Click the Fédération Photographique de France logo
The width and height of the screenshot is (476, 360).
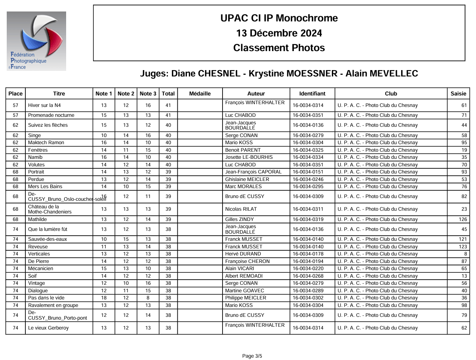click(36, 41)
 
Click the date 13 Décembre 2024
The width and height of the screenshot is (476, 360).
click(279, 33)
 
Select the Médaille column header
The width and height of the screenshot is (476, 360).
click(200, 94)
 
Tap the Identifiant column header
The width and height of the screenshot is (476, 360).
click(312, 94)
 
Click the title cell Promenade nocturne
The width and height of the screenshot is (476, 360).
click(51, 115)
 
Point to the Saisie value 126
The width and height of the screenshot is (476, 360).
click(463, 219)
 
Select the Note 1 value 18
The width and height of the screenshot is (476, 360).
click(104, 298)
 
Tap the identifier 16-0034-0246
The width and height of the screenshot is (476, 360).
click(308, 179)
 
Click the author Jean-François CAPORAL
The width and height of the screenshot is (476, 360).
click(253, 172)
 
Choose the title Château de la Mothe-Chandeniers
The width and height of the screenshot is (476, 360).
click(50, 209)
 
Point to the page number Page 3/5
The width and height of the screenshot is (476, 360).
click(252, 356)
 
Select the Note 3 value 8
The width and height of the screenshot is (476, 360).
click(148, 298)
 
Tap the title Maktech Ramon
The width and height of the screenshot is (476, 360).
click(46, 143)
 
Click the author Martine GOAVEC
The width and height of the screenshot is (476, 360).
click(244, 291)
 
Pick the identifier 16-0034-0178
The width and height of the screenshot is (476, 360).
click(308, 254)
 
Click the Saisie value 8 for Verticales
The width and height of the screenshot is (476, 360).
click(465, 254)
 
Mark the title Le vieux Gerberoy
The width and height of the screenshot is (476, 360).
click(48, 328)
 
